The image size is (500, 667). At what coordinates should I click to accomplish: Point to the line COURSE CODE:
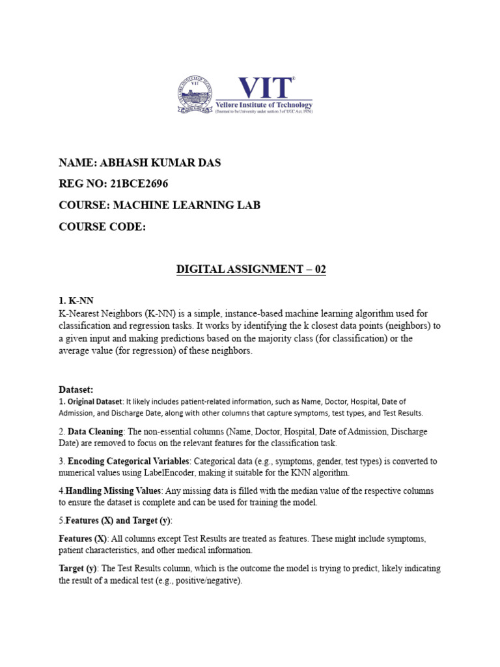[x=102, y=227]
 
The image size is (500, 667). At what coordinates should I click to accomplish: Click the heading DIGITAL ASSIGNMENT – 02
[x=251, y=269]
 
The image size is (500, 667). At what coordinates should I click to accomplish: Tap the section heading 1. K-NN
[x=76, y=300]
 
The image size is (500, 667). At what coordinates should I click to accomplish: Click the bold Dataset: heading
[x=76, y=389]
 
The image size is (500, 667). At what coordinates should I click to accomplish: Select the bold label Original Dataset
[x=94, y=401]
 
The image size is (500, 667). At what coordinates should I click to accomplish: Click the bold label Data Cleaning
[x=95, y=432]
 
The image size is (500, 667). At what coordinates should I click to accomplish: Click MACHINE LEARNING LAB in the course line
[x=187, y=205]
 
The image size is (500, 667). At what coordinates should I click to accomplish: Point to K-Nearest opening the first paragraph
[x=80, y=313]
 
